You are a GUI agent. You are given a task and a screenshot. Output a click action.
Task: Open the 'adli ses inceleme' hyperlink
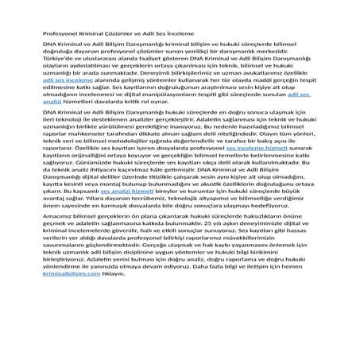(66, 103)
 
